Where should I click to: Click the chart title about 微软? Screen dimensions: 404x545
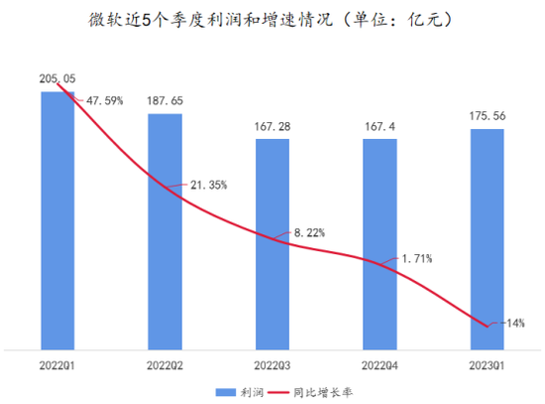272,19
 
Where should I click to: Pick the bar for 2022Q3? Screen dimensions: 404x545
272,243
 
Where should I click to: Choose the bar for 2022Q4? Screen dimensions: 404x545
380,243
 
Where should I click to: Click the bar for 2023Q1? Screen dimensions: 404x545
487,239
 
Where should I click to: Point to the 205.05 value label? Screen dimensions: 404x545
57,77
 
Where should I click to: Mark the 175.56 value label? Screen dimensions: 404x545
487,115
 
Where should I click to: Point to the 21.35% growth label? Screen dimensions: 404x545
211,185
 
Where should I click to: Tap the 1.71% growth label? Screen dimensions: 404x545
417,259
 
